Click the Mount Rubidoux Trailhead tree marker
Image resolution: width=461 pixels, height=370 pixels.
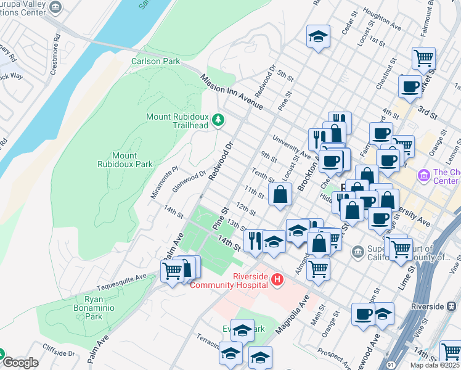(x=217, y=119)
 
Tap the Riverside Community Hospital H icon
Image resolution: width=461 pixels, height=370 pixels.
(x=277, y=280)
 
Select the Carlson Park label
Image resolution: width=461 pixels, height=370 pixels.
(x=155, y=61)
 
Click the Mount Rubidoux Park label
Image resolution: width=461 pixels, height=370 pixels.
(x=124, y=160)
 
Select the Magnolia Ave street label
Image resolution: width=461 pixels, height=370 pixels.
(x=292, y=314)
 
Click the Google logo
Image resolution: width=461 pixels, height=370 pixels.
(x=20, y=363)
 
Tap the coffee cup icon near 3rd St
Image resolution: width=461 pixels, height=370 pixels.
(x=410, y=86)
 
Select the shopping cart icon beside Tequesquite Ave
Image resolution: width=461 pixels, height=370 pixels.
(x=172, y=270)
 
